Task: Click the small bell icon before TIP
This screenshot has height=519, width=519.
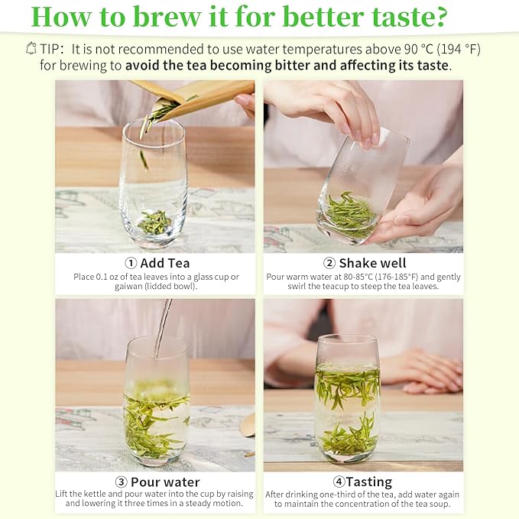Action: (x=31, y=48)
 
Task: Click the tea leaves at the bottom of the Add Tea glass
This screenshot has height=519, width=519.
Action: (x=155, y=222)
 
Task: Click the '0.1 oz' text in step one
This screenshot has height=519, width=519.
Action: (x=112, y=276)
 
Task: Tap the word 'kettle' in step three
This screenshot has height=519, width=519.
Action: (x=101, y=494)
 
